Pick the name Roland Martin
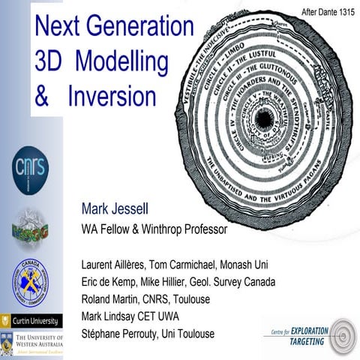point(113,299)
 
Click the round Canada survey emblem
point(31,281)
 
